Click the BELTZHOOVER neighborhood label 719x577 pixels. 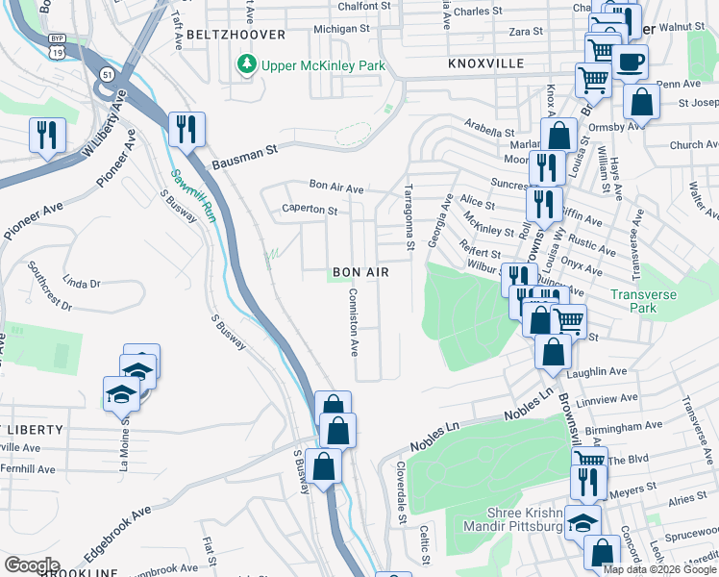[236, 35]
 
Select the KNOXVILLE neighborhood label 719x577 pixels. [485, 63]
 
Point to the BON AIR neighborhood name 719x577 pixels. [360, 272]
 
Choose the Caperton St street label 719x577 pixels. [310, 209]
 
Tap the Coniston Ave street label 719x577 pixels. [353, 322]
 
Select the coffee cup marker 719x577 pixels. [630, 62]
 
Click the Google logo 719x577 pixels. [32, 565]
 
